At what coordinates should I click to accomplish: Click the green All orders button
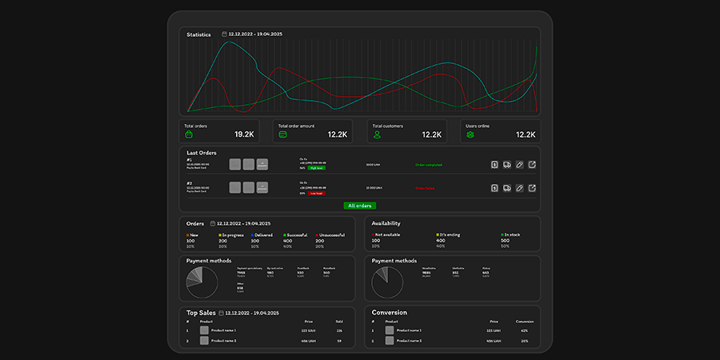359,206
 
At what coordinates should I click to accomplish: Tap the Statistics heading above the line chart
198,34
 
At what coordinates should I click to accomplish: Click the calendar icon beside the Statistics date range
224,34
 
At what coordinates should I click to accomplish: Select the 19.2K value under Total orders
243,134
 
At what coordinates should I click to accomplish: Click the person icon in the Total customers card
377,135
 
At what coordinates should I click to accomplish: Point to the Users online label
479,126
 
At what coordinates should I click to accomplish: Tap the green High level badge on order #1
316,168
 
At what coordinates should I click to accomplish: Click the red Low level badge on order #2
316,193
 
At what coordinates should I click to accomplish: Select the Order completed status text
428,165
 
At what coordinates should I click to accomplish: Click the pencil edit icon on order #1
519,165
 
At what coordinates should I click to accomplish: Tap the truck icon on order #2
507,188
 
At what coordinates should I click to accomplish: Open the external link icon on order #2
532,188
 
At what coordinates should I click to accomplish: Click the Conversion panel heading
389,312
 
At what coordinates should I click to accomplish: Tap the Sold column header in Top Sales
339,322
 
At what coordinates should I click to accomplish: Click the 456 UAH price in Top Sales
310,341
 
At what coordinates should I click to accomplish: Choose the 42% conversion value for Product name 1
524,330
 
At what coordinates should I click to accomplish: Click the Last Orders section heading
202,152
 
